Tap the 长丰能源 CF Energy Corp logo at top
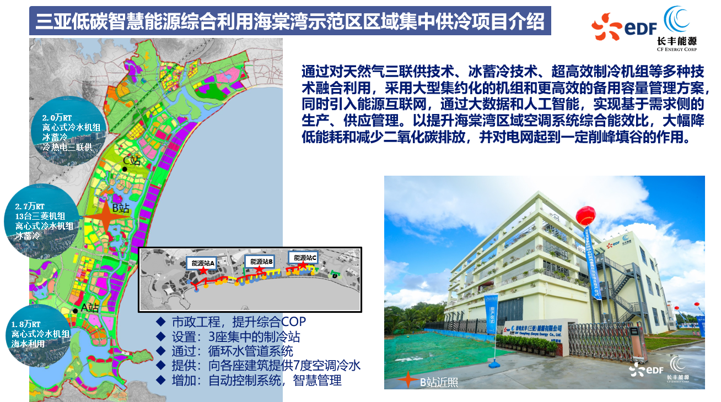coord(677,29)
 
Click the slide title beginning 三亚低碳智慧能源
coord(290,22)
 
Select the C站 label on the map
coord(132,160)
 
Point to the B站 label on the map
coord(120,208)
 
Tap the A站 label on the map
coord(89,308)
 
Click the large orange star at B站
coord(105,216)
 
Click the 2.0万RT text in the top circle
coord(57,118)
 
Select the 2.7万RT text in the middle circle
coord(33,206)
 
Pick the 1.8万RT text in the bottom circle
coord(26,324)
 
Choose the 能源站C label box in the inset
coord(303,257)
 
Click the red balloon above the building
coord(585,216)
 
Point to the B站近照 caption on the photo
coord(439,382)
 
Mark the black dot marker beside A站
coord(75,311)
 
